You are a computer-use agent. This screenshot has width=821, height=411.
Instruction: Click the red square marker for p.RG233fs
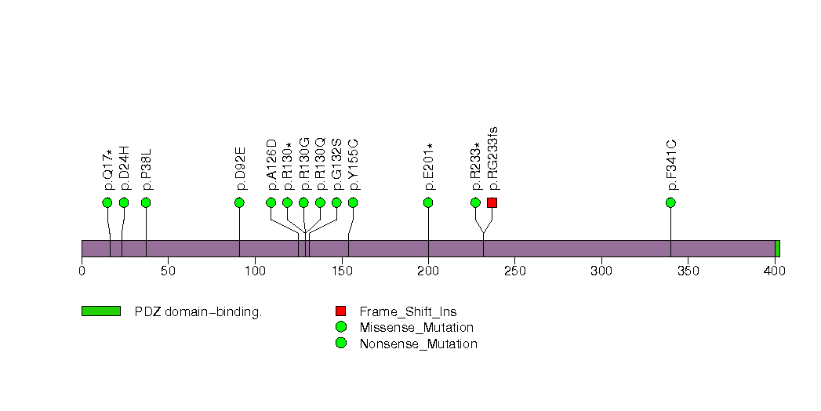point(492,202)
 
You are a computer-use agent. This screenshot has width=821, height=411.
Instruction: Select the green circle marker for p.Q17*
point(107,202)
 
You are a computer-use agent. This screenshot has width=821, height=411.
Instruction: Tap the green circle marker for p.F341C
point(670,202)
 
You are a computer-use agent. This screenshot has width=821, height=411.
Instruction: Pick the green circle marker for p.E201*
point(428,202)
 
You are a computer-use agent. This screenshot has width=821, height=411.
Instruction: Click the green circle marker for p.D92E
point(239,202)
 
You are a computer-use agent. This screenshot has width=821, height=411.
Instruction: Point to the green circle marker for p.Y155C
point(353,202)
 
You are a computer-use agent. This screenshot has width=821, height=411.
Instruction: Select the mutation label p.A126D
point(271,165)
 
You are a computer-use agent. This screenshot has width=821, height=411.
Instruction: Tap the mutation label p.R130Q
point(320,165)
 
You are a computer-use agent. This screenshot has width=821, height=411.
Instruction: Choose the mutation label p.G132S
point(336,165)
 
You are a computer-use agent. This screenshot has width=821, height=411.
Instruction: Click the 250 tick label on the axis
point(514,271)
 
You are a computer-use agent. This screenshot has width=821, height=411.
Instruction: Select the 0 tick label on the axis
point(82,271)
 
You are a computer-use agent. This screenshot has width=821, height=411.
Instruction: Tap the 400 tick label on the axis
point(775,271)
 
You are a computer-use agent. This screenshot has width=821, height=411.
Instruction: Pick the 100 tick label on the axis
point(255,271)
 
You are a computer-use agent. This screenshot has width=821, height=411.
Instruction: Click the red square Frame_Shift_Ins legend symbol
point(340,311)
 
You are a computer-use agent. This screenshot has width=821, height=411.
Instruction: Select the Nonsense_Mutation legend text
point(418,344)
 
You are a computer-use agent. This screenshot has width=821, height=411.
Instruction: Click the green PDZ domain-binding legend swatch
point(100,311)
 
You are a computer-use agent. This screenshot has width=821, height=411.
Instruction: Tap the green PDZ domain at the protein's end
point(777,249)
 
